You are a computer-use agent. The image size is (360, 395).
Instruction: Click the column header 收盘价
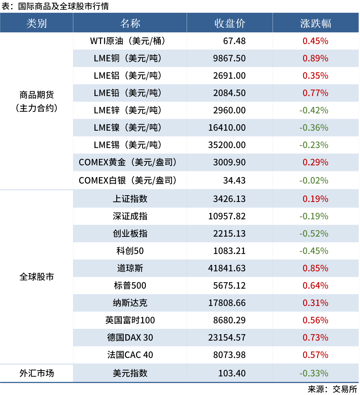tap(230, 23)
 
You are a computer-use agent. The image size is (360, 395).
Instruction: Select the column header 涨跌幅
tap(315, 23)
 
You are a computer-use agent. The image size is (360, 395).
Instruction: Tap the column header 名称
tap(130, 23)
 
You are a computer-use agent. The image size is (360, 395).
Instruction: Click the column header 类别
tap(36, 23)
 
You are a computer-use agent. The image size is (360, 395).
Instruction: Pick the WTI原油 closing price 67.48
tap(234, 41)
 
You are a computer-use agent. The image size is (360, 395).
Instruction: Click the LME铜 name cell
tap(128, 58)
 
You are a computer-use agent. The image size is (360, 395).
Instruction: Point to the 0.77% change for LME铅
tap(315, 93)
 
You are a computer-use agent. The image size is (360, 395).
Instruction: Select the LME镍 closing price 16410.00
tap(227, 128)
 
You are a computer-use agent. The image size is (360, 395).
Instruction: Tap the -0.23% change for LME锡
tap(314, 145)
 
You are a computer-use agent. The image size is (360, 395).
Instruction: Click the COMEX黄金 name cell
tap(128, 162)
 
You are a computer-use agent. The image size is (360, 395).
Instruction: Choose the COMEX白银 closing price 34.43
tap(234, 180)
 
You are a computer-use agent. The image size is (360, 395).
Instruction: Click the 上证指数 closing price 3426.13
tap(229, 199)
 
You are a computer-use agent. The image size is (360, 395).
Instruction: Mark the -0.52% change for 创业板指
tap(314, 234)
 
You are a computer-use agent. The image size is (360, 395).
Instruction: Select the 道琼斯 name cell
tap(130, 268)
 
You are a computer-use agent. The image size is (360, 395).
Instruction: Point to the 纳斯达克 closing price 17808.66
tap(227, 303)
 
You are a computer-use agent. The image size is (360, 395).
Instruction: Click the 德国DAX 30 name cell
tap(130, 338)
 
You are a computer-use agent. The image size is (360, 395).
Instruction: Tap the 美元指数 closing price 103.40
tap(232, 373)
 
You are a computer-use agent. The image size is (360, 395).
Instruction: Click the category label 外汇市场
tap(36, 373)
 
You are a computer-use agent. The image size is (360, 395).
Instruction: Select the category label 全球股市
tap(36, 277)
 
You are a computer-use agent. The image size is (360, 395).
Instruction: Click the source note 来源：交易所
tap(332, 389)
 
